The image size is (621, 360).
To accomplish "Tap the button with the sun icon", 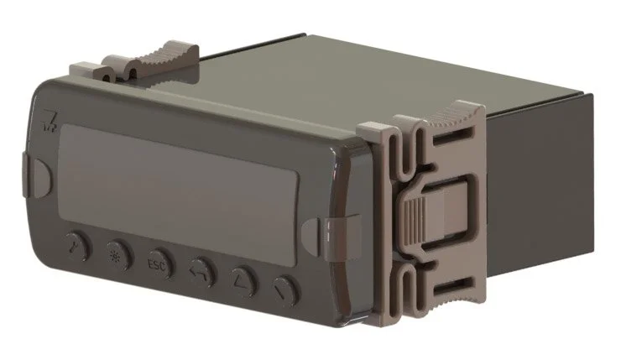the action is click(120, 254).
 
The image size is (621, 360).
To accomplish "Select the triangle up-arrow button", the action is click(243, 281).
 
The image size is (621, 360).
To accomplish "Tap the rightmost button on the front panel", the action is click(286, 290).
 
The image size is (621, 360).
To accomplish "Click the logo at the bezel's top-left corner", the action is click(50, 120).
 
